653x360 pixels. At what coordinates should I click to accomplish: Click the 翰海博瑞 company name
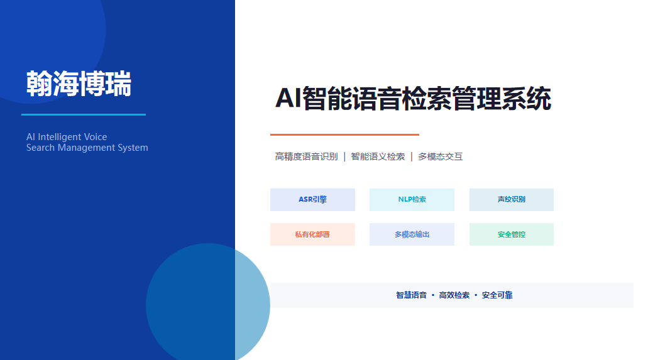(79, 84)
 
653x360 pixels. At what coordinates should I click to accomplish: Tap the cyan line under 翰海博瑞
(84, 114)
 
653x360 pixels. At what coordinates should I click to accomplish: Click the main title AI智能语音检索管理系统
(413, 99)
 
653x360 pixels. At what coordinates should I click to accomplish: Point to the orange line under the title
(345, 134)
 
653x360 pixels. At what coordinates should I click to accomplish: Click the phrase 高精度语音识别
(307, 156)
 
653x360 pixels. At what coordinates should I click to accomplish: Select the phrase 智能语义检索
(378, 156)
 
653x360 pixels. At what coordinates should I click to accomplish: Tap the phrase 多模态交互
(441, 156)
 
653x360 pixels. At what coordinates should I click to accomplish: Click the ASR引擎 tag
(313, 200)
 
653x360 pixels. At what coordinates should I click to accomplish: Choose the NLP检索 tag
(412, 200)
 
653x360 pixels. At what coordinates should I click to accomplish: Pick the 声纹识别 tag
(512, 200)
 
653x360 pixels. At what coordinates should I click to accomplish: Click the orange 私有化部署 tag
(313, 234)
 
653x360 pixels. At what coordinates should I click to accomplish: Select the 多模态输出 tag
(412, 234)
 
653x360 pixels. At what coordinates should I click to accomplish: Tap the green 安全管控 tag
(512, 234)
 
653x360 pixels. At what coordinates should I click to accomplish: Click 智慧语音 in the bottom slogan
(412, 295)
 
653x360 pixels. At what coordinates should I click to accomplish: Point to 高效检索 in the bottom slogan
(454, 295)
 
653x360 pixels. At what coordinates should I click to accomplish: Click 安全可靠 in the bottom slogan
(497, 295)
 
